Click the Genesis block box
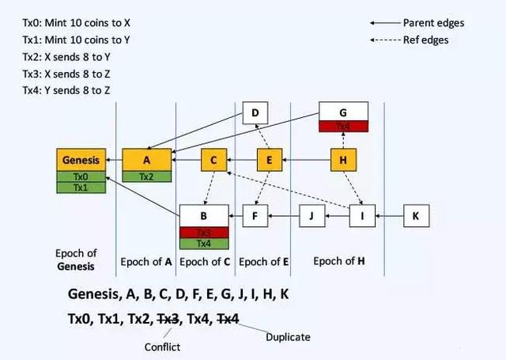click(81, 160)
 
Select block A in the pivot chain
click(147, 160)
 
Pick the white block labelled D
click(255, 114)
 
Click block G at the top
click(343, 111)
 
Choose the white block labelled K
click(416, 214)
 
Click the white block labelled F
click(255, 214)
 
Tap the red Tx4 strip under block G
click(343, 126)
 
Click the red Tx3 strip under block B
click(204, 232)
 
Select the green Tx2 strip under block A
click(147, 176)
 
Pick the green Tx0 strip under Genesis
click(81, 176)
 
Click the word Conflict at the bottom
click(162, 346)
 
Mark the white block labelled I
click(362, 214)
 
